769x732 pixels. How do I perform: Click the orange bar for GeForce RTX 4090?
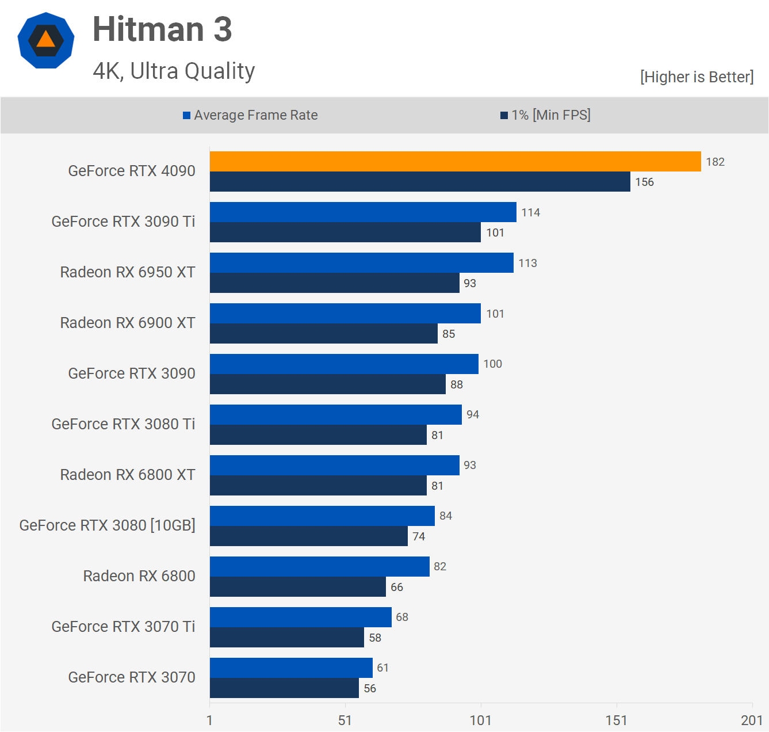click(x=455, y=161)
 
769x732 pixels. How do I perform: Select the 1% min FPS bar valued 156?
click(x=420, y=182)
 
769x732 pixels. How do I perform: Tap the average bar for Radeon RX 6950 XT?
click(x=361, y=262)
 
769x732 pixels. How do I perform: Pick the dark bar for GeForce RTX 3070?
click(x=284, y=688)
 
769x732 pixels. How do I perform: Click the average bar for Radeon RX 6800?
click(x=319, y=566)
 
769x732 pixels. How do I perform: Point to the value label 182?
click(x=715, y=162)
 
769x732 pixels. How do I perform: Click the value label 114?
click(x=530, y=212)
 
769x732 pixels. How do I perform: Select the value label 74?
click(x=419, y=536)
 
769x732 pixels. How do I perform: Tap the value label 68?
click(x=401, y=617)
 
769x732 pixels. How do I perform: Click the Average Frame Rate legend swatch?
click(x=186, y=115)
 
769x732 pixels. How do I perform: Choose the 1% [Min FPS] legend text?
click(x=551, y=115)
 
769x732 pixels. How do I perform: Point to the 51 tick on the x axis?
click(x=345, y=720)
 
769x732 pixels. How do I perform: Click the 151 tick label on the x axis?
click(x=616, y=720)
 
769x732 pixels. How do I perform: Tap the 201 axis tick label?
click(x=752, y=720)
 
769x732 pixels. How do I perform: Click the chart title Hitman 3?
click(x=162, y=29)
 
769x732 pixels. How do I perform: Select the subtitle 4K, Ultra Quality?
click(x=174, y=71)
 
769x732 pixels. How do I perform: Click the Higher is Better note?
click(x=697, y=77)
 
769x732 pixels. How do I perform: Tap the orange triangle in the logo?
click(x=46, y=39)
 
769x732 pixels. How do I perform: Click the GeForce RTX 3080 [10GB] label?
click(x=107, y=525)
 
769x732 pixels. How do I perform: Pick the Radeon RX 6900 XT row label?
click(x=128, y=323)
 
